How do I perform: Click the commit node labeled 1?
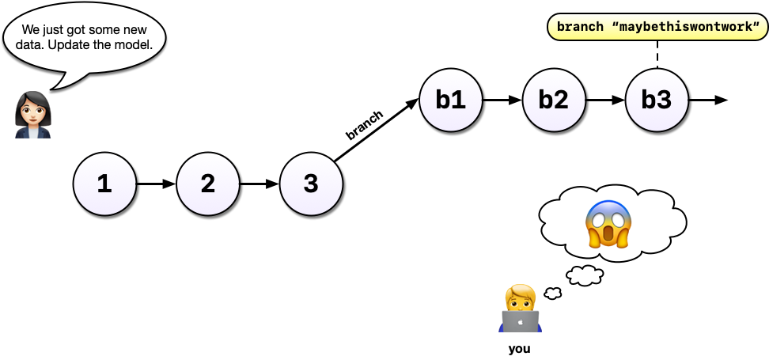104,184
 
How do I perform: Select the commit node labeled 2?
208,184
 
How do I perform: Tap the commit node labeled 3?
312,184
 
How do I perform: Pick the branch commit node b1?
451,100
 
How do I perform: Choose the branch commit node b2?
554,100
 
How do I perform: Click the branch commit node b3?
657,100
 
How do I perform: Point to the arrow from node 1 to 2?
156,184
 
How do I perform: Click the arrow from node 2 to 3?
259,184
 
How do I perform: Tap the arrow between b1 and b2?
502,100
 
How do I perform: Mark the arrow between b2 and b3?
605,100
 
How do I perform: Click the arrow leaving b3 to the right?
708,100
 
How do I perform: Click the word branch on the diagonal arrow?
364,125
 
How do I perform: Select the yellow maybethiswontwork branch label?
657,27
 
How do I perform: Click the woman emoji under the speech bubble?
33,115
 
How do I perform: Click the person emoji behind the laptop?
520,309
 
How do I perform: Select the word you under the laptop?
519,348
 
